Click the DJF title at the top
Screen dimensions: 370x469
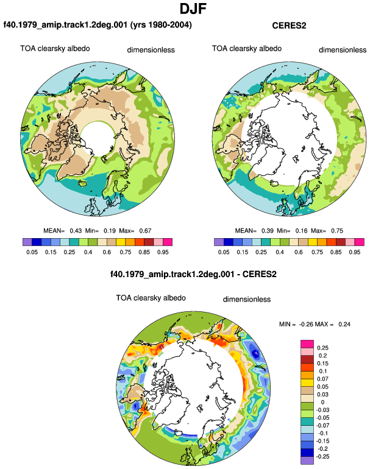(193, 9)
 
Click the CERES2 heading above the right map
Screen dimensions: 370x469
(289, 26)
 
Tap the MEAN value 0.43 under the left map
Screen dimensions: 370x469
(76, 231)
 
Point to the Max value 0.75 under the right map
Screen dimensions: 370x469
(337, 231)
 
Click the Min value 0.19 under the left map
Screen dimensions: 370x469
(110, 231)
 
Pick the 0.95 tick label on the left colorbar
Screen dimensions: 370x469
(163, 252)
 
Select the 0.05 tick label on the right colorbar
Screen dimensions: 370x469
(224, 252)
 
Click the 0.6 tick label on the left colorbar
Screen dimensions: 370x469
(107, 252)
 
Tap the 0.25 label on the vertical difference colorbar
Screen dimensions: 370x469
(322, 348)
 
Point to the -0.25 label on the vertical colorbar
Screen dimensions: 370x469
(322, 457)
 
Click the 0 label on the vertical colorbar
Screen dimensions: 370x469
(322, 402)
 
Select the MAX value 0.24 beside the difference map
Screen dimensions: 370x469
(344, 324)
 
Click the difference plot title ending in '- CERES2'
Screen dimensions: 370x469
(193, 274)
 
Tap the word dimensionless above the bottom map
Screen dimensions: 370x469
(247, 300)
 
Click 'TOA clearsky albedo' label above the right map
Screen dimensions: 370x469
(247, 49)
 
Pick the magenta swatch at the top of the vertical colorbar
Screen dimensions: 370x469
(307, 344)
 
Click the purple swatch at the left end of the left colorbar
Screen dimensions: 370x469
(27, 242)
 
